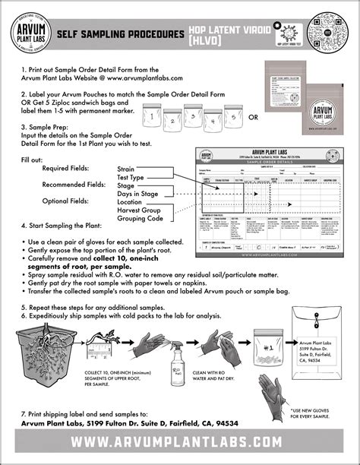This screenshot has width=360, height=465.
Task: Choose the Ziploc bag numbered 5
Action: coord(234,119)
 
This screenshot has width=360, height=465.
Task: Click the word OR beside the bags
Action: coord(254,118)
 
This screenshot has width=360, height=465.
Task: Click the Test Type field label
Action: coord(131,176)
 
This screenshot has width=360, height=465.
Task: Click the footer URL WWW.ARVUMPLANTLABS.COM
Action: coord(180,441)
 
